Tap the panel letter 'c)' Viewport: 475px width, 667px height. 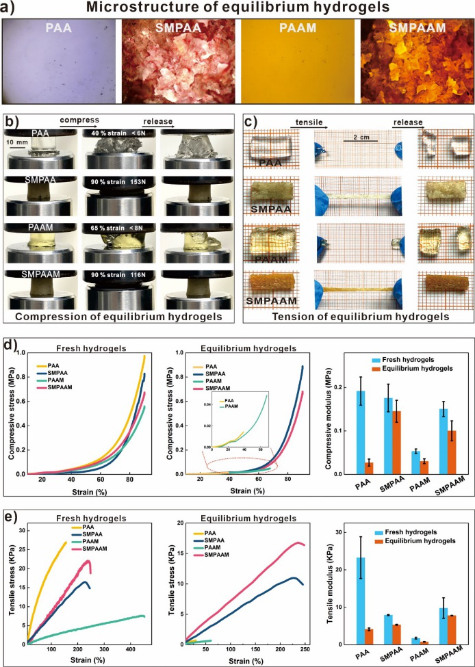click(251, 123)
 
